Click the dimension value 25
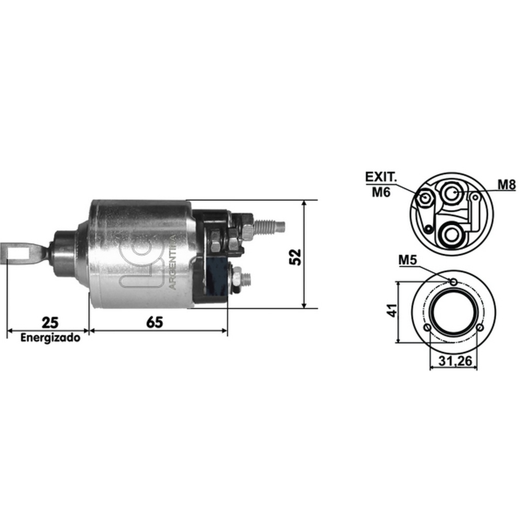point(50,322)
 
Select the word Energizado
point(50,337)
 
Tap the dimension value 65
point(155,322)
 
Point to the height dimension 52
point(295,257)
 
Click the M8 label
point(507,184)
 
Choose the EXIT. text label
point(381,177)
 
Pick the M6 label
point(381,192)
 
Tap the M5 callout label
point(408,260)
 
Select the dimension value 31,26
point(455,361)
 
